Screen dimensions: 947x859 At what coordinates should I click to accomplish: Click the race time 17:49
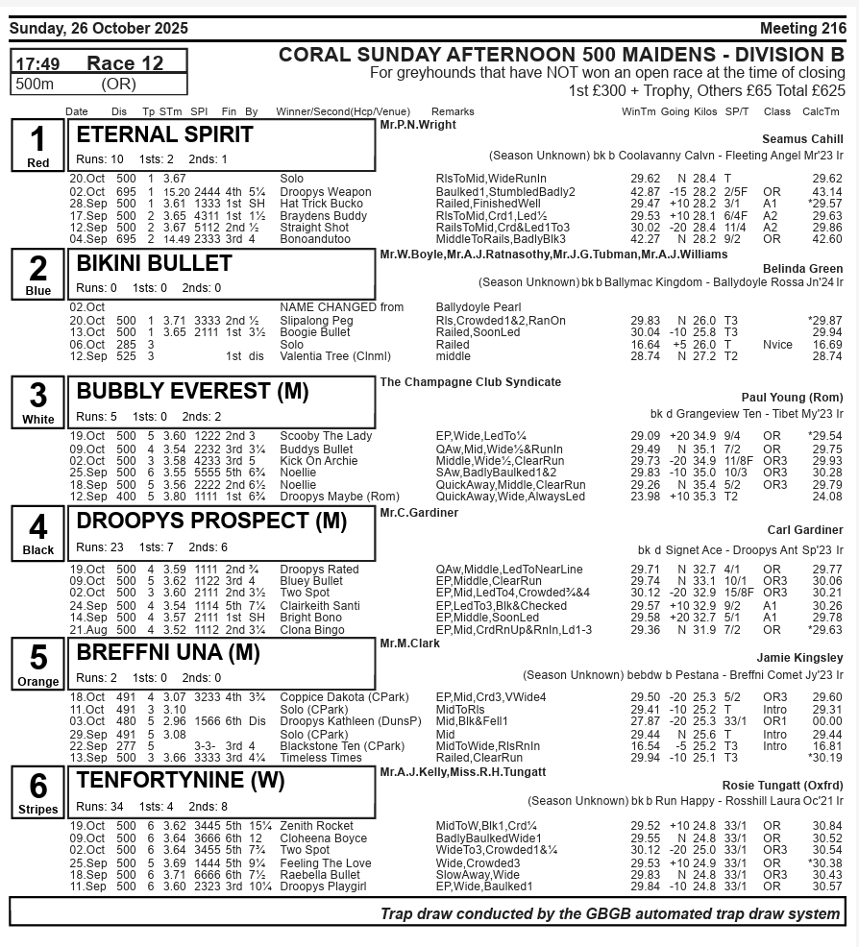point(38,63)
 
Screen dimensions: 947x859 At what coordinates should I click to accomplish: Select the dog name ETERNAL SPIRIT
point(164,134)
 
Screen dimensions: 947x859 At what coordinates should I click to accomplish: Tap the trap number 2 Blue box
point(37,274)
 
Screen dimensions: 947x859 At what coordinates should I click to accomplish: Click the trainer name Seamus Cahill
point(802,139)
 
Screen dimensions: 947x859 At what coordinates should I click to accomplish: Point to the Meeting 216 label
point(802,29)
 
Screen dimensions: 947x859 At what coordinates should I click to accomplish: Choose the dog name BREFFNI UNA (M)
point(168,652)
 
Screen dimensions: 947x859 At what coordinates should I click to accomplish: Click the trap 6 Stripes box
point(37,791)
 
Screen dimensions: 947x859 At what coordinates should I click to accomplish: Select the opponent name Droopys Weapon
point(325,192)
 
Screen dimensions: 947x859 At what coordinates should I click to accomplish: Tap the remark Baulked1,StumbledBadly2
point(505,192)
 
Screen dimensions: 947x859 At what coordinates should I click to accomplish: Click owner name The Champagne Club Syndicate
point(471,382)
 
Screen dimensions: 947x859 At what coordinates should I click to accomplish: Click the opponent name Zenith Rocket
point(316,826)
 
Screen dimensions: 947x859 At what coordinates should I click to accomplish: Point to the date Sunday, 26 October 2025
point(98,29)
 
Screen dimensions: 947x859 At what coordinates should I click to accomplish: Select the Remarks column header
point(453,112)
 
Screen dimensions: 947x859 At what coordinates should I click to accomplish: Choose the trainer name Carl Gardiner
point(805,530)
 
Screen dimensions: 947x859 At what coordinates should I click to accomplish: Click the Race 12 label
point(125,63)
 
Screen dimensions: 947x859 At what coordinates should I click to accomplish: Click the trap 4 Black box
point(37,533)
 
